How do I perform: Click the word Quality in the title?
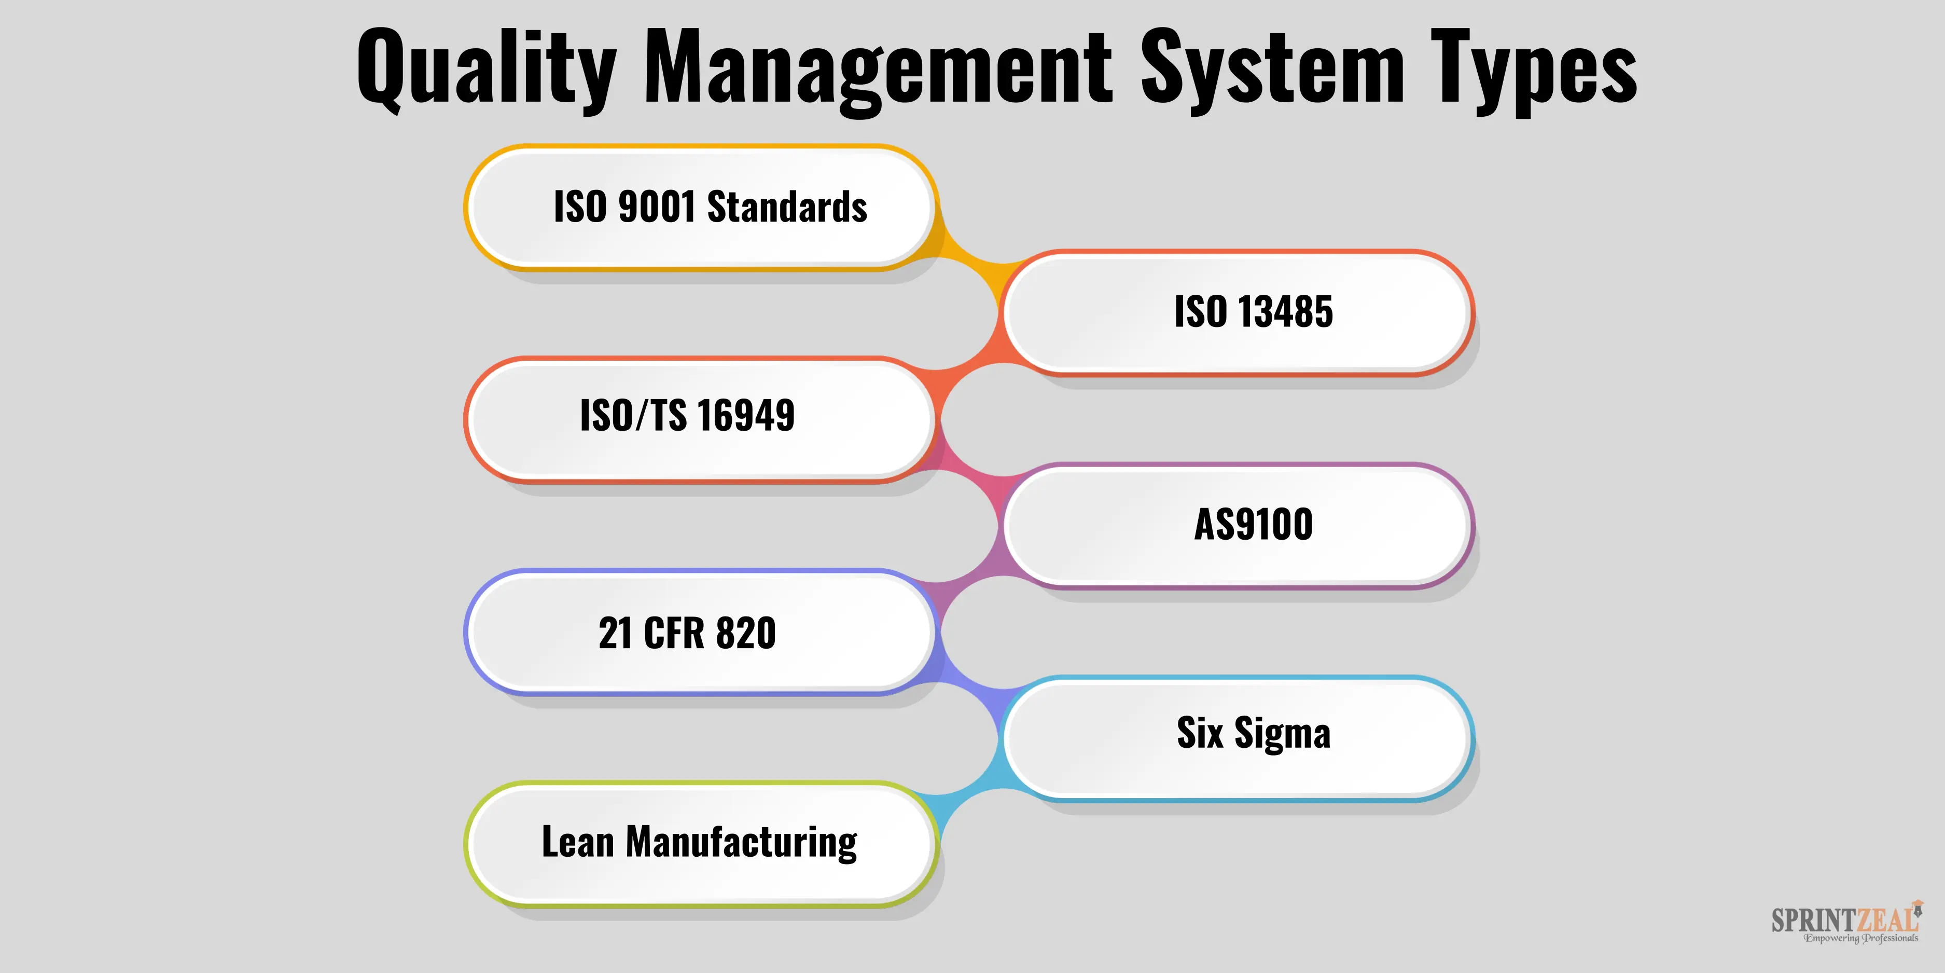[x=487, y=70]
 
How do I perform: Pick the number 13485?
[x=1284, y=311]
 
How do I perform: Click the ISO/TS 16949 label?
[x=687, y=416]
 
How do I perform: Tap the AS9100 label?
[x=1254, y=524]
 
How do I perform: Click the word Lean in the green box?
[x=578, y=842]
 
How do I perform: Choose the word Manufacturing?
[x=742, y=842]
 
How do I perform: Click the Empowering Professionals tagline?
[x=1860, y=938]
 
